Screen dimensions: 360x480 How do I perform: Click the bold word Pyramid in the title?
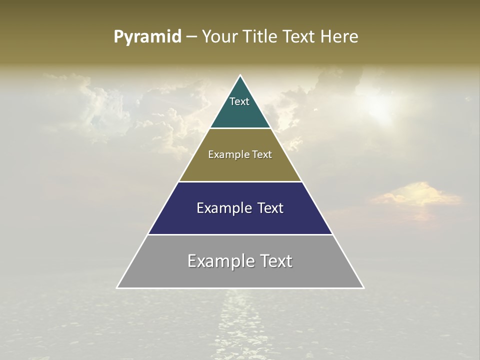(147, 37)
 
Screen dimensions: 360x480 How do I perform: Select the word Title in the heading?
(262, 37)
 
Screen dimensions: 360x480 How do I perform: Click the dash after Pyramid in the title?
(191, 37)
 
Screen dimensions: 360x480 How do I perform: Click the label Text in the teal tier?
(239, 101)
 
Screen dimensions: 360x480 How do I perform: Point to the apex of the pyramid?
(240, 76)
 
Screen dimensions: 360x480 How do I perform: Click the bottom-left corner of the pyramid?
(117, 287)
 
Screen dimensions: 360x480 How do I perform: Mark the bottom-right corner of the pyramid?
(363, 287)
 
